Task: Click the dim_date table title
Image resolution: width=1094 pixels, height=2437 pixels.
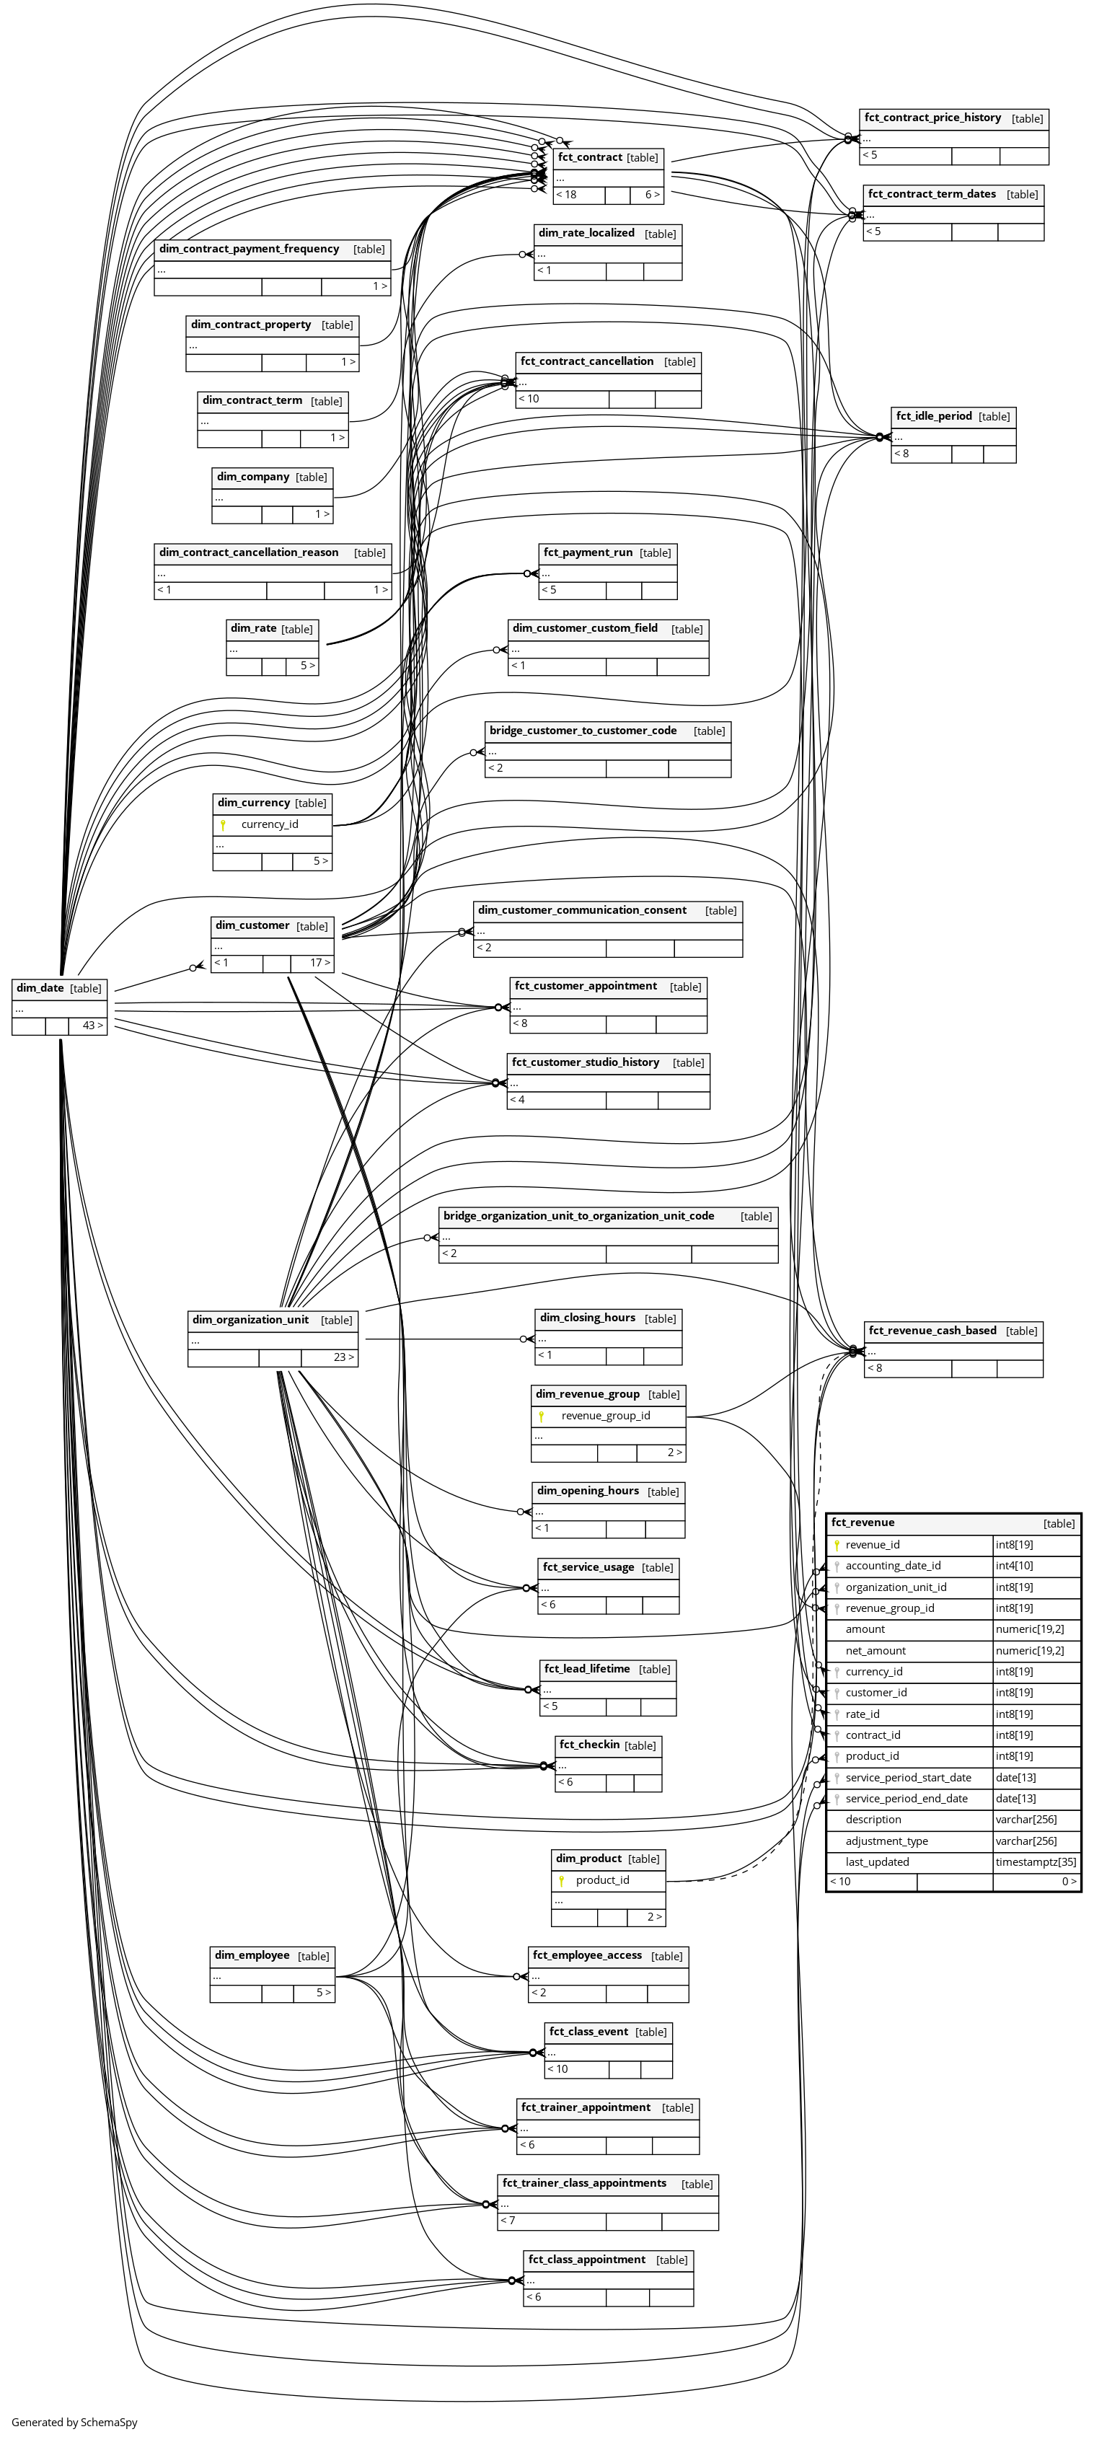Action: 40,987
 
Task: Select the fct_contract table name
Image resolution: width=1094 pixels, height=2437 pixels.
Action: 590,157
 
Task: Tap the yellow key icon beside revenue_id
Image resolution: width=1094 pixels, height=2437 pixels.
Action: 837,1545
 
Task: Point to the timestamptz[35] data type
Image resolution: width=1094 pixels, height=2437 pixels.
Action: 1036,1861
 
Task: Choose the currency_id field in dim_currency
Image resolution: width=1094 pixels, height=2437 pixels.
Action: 270,824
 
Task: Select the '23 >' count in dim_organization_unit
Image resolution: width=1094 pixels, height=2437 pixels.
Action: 343,1357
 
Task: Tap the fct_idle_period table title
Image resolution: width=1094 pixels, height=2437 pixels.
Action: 934,415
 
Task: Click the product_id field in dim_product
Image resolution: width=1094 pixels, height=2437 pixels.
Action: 602,1879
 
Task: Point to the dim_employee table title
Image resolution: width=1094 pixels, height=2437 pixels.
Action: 252,1955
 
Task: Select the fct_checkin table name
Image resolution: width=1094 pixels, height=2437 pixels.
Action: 588,1744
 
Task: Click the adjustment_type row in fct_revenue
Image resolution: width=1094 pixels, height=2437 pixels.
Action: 887,1841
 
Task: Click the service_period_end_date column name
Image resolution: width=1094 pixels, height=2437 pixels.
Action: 906,1799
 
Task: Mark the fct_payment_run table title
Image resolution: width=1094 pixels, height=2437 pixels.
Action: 588,552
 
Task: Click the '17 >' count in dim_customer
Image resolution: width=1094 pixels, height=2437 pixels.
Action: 321,963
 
